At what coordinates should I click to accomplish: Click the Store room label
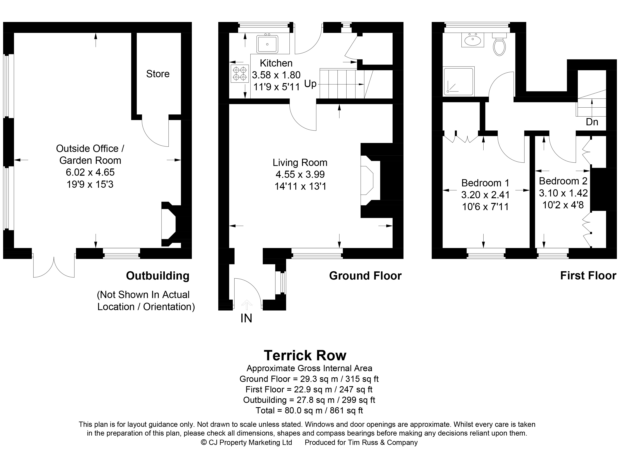point(158,74)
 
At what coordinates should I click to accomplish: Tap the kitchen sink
point(267,44)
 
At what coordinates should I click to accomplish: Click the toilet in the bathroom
point(499,44)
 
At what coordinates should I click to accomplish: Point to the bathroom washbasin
point(473,40)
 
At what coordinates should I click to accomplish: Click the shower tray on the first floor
point(459,82)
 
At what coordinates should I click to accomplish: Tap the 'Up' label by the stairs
point(310,84)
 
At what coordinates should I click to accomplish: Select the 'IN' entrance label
point(246,318)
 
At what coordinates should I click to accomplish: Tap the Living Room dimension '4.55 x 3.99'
point(300,175)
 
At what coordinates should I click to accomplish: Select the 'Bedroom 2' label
point(563,181)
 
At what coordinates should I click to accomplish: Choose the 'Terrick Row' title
point(305,356)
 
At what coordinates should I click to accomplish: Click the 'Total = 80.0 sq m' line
point(309,410)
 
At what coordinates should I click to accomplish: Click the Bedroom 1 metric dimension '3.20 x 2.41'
point(485,195)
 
